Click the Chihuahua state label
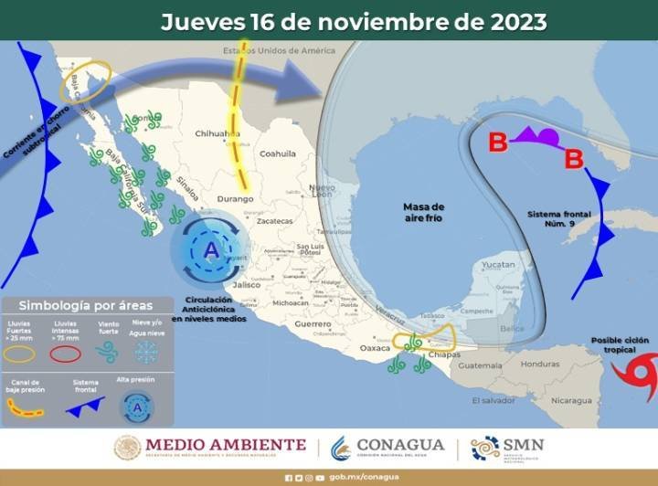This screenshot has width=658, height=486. [x=217, y=133]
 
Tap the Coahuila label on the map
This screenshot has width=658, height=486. [x=279, y=153]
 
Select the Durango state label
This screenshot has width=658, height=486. [x=235, y=198]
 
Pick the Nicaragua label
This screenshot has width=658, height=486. [x=563, y=400]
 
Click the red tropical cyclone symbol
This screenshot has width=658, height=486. [x=633, y=374]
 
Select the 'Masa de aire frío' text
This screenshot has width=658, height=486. [x=423, y=213]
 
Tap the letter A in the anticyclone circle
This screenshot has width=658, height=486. [x=211, y=249]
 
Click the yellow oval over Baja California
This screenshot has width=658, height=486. [x=85, y=80]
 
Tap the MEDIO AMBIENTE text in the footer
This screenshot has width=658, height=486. [x=224, y=445]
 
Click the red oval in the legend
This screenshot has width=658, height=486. [x=66, y=354]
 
